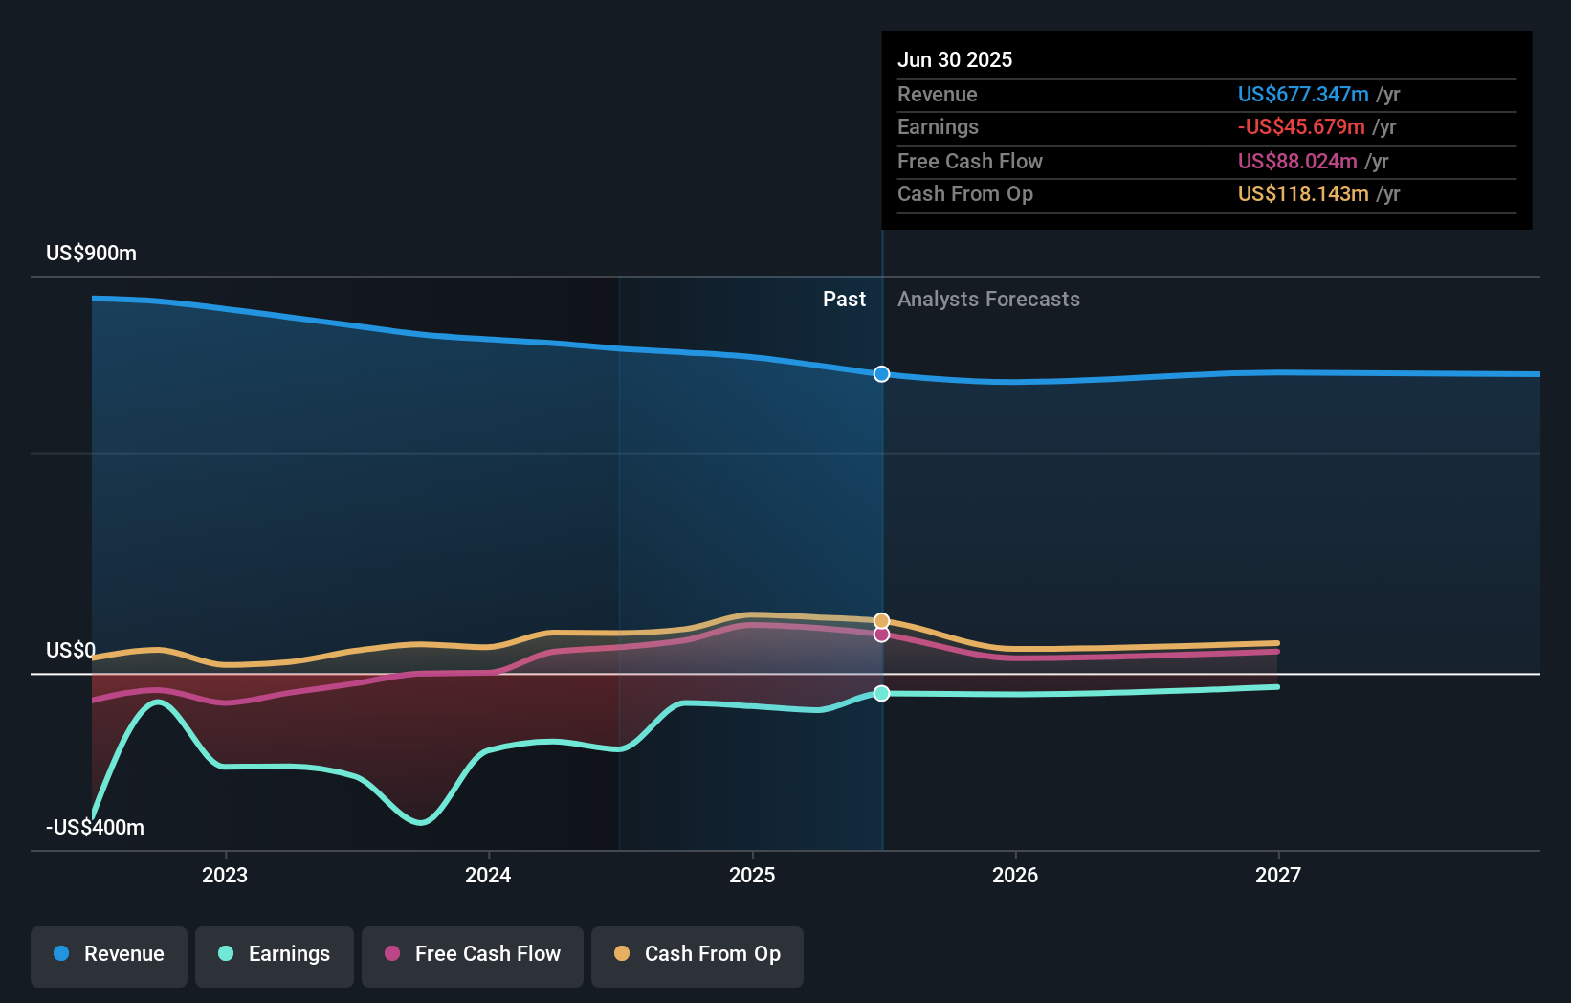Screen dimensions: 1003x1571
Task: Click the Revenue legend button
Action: point(109,954)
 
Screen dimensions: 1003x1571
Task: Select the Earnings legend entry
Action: point(275,954)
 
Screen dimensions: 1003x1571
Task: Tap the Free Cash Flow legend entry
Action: point(473,954)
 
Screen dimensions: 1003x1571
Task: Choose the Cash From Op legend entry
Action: point(697,954)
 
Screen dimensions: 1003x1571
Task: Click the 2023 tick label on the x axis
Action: point(225,876)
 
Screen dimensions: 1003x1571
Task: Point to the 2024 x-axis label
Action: point(488,876)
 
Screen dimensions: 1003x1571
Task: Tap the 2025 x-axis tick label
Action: point(752,876)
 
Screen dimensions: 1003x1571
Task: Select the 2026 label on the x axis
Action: point(1015,876)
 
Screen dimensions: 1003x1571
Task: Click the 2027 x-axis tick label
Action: point(1278,876)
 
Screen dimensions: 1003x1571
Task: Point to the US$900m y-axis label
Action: point(92,254)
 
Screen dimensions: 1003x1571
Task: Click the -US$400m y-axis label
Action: point(96,828)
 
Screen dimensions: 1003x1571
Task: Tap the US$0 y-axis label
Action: point(71,651)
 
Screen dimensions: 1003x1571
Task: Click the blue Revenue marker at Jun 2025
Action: point(882,374)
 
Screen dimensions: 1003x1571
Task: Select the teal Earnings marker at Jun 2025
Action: point(882,693)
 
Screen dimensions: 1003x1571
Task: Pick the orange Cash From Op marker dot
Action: point(882,621)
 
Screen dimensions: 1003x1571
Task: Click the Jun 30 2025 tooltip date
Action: point(955,60)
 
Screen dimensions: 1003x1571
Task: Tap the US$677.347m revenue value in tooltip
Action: point(1303,95)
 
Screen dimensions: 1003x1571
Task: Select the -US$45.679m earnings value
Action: point(1301,127)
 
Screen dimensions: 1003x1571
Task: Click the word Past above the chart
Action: point(844,300)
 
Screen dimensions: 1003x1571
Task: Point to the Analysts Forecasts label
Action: point(988,300)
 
